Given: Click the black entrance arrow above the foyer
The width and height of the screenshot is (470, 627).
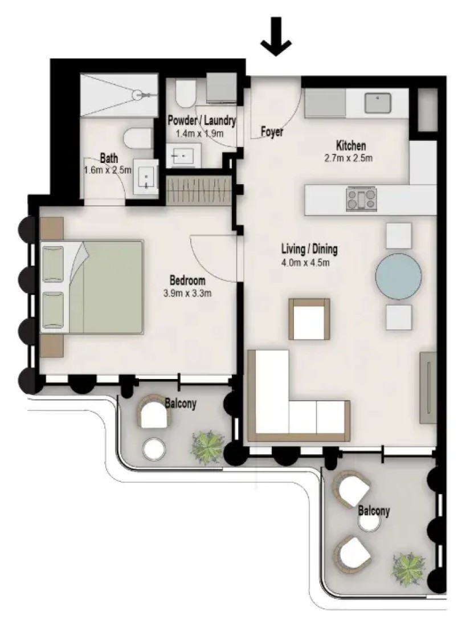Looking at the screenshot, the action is (x=276, y=36).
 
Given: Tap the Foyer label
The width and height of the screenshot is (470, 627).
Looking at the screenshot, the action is (x=272, y=131).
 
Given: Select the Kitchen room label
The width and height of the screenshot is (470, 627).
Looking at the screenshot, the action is (x=351, y=145).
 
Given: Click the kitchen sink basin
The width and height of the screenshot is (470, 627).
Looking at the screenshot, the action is (x=378, y=103).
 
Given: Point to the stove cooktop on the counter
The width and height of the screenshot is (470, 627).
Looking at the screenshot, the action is (x=362, y=199).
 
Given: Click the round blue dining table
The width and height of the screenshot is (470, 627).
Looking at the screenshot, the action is (x=398, y=276).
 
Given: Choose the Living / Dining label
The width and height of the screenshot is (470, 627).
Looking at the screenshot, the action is (x=309, y=249).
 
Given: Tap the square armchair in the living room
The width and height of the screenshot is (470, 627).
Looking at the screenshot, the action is (x=309, y=319).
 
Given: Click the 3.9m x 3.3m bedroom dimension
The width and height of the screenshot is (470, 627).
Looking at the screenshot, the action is (x=187, y=293).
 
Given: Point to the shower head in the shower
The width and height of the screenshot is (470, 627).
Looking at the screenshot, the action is (x=138, y=95).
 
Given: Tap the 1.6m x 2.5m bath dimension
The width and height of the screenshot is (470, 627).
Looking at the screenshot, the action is (x=108, y=170).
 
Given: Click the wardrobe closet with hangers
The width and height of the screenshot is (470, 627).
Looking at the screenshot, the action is (x=199, y=189).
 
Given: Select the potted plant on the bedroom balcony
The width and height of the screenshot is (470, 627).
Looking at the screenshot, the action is (x=207, y=447).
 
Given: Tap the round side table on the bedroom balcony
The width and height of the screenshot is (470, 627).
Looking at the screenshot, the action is (x=154, y=449).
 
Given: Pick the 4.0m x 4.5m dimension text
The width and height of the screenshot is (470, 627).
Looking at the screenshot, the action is (x=305, y=263).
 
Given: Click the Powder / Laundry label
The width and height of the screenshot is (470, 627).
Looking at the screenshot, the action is (x=202, y=120).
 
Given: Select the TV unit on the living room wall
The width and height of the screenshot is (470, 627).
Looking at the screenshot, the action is (x=428, y=387).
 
